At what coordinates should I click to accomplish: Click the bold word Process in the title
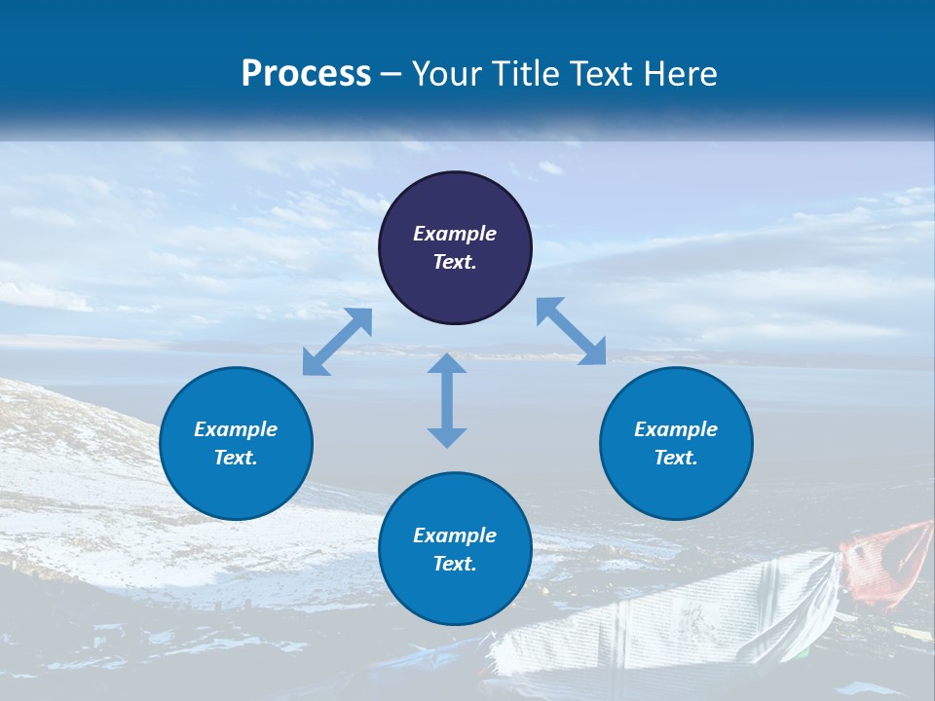306,74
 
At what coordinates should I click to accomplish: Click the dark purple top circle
455,204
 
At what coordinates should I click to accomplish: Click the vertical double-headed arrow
447,400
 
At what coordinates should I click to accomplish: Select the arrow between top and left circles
337,342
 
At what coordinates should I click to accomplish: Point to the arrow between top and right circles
571,331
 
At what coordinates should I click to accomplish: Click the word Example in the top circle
455,234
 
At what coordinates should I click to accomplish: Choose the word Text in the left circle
236,458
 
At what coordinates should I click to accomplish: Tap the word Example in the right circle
676,429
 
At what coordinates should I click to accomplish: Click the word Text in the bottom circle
455,564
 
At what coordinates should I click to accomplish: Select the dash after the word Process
391,75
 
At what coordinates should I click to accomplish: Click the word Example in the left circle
236,429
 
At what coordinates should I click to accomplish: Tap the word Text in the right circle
676,458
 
